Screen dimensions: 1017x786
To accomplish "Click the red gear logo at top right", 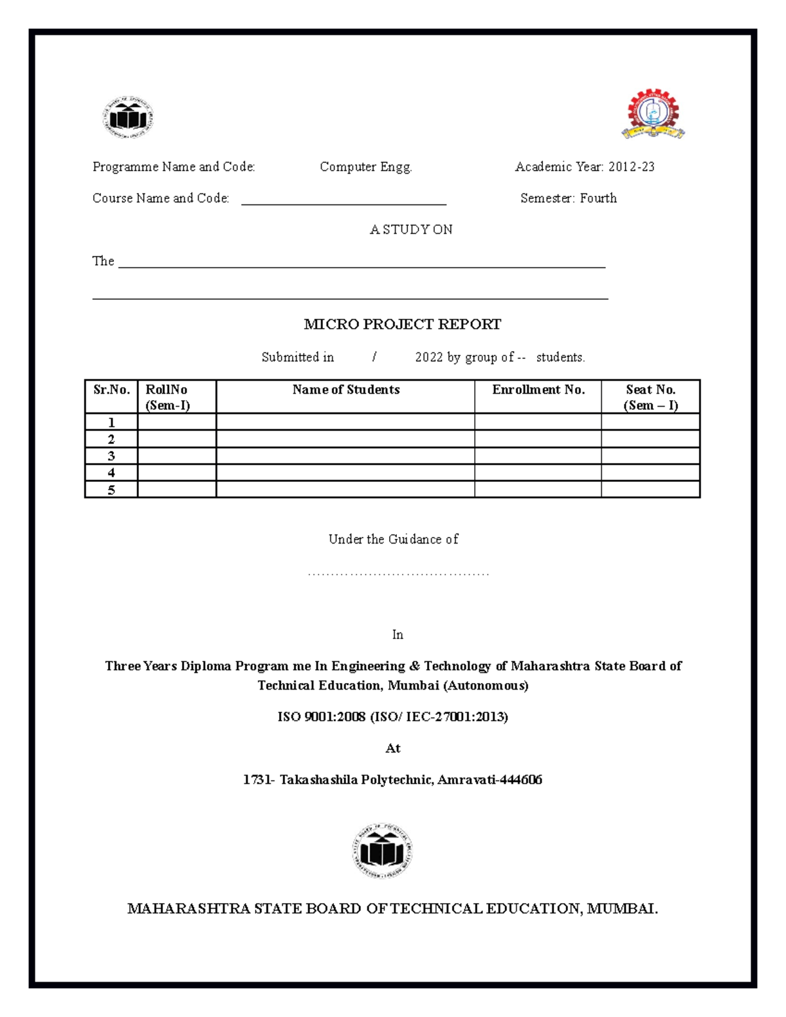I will pyautogui.click(x=652, y=114).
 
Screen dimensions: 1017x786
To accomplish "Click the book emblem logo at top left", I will pyautogui.click(x=128, y=118).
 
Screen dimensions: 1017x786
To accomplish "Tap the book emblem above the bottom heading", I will pyautogui.click(x=383, y=851).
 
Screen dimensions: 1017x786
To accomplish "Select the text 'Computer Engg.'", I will pyautogui.click(x=365, y=167).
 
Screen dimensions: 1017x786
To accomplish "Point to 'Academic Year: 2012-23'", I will pyautogui.click(x=584, y=167).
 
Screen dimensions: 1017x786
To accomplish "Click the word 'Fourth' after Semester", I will pyautogui.click(x=598, y=198).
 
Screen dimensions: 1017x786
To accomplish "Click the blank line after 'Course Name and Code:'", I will pyautogui.click(x=343, y=200).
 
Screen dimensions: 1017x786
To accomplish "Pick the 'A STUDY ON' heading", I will pyautogui.click(x=411, y=230).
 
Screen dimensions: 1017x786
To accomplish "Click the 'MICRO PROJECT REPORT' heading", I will pyautogui.click(x=402, y=324).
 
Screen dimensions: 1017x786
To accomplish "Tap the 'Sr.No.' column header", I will pyautogui.click(x=111, y=390).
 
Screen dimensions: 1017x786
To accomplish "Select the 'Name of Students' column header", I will pyautogui.click(x=345, y=390).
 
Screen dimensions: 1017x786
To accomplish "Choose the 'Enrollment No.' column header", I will pyautogui.click(x=538, y=390).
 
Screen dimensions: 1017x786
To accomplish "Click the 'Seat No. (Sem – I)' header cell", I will pyautogui.click(x=650, y=397).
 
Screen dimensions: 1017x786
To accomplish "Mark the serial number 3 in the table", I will pyautogui.click(x=111, y=456).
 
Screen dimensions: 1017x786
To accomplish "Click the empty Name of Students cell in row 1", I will pyautogui.click(x=345, y=422).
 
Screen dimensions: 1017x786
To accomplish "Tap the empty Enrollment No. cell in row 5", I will pyautogui.click(x=538, y=489).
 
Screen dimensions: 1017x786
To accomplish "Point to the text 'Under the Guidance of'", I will pyautogui.click(x=393, y=540).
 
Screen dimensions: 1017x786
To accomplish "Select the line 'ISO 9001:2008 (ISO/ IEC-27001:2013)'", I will pyautogui.click(x=392, y=717).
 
